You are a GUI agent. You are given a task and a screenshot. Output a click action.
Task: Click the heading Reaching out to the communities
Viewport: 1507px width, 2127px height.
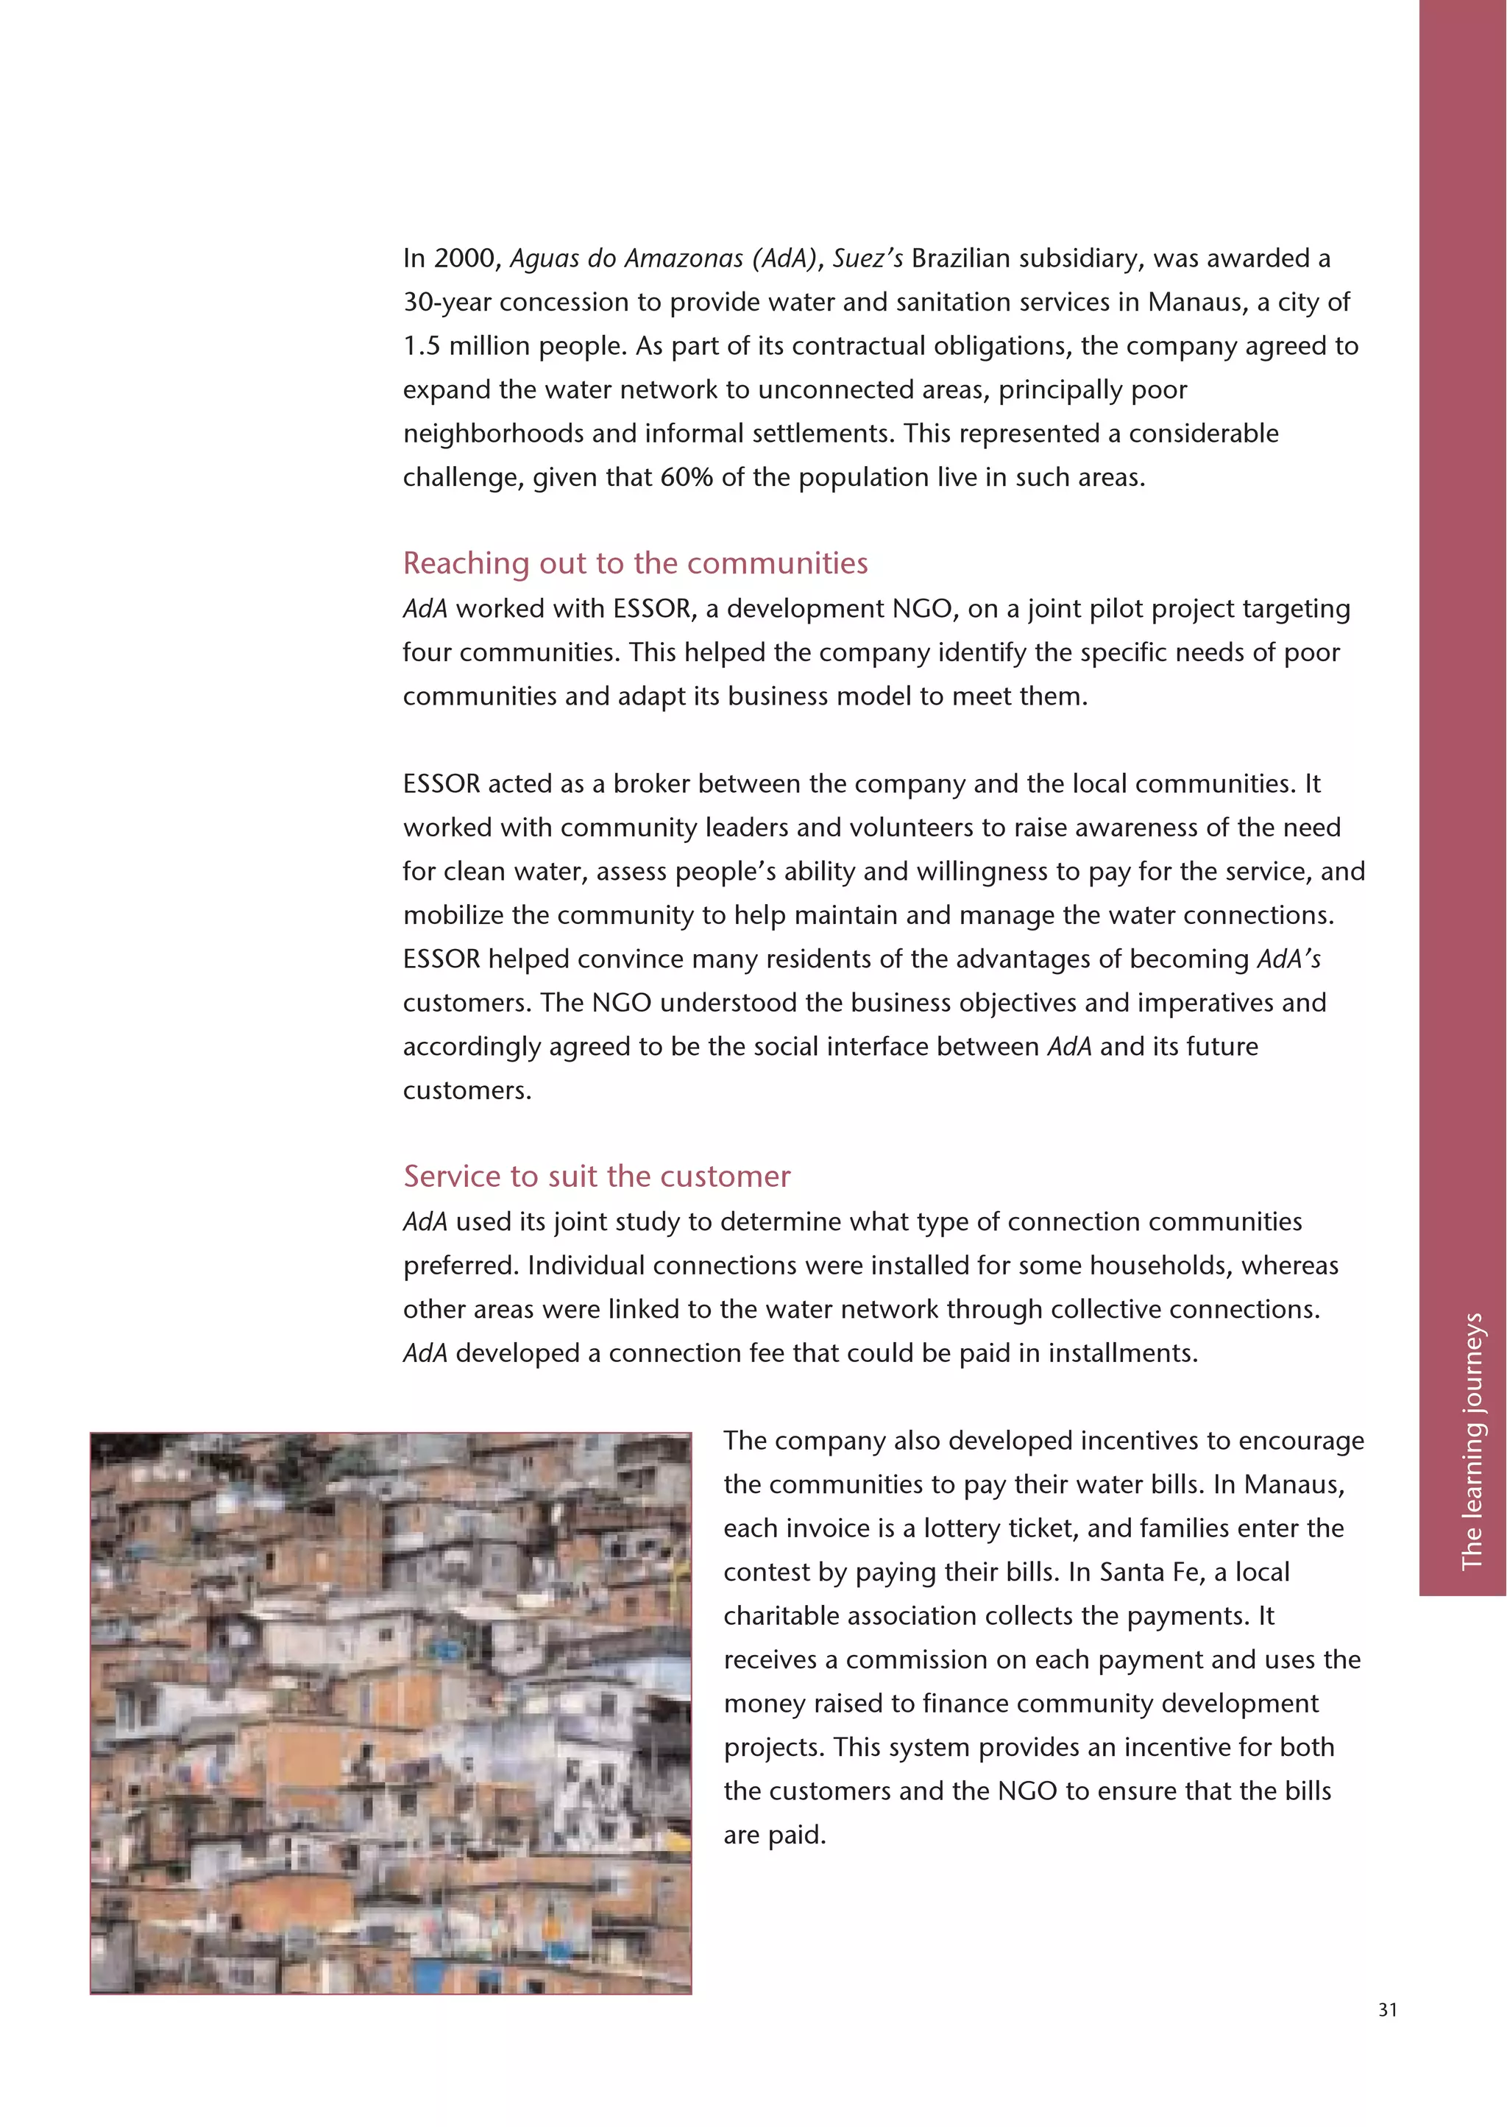pyautogui.click(x=635, y=562)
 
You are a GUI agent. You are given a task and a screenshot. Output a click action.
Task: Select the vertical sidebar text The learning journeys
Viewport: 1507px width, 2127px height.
pyautogui.click(x=1472, y=1440)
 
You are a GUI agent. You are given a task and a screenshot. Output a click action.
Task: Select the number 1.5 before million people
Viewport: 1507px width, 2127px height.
pyautogui.click(x=422, y=346)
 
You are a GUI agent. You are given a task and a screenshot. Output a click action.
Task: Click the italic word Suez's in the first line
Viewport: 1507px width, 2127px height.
pyautogui.click(x=867, y=258)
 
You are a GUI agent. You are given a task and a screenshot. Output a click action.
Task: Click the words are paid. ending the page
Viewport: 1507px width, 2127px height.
pyautogui.click(x=774, y=1835)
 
